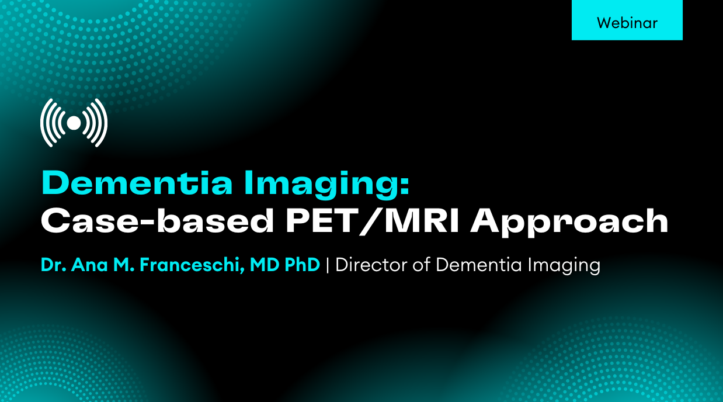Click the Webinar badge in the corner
pyautogui.click(x=627, y=20)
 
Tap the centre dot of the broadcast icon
pyautogui.click(x=74, y=123)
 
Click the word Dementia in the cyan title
pyautogui.click(x=137, y=183)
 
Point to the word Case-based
pyautogui.click(x=157, y=220)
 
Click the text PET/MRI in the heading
pyautogui.click(x=373, y=221)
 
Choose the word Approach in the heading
pyautogui.click(x=569, y=223)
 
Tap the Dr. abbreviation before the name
pyautogui.click(x=53, y=265)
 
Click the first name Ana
pyautogui.click(x=89, y=265)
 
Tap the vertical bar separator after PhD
pyautogui.click(x=328, y=265)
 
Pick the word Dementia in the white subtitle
pyautogui.click(x=479, y=265)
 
